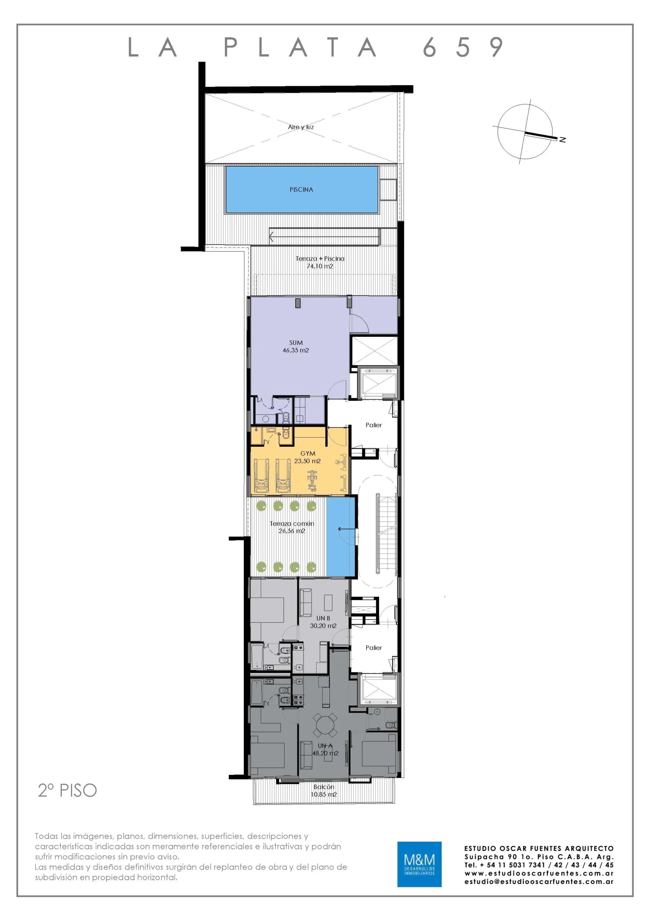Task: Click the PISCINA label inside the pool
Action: pyautogui.click(x=301, y=190)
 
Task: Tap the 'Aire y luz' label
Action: pyautogui.click(x=301, y=127)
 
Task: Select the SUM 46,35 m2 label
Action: pyautogui.click(x=296, y=346)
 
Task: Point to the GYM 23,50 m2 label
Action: pyautogui.click(x=308, y=457)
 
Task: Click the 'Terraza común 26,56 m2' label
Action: pyautogui.click(x=292, y=527)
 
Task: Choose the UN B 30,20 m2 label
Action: pyautogui.click(x=323, y=622)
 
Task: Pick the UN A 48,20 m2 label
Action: pyautogui.click(x=325, y=749)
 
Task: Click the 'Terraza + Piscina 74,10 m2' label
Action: pyautogui.click(x=320, y=262)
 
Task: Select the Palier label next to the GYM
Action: pyautogui.click(x=373, y=425)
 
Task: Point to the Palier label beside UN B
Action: pyautogui.click(x=373, y=648)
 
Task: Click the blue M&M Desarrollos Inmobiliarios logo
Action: pyautogui.click(x=419, y=864)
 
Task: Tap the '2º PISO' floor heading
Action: pyautogui.click(x=67, y=791)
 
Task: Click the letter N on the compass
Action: pyautogui.click(x=563, y=140)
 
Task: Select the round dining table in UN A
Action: pyautogui.click(x=325, y=725)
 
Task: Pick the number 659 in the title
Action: pyautogui.click(x=463, y=47)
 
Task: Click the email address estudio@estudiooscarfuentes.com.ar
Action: pyautogui.click(x=539, y=881)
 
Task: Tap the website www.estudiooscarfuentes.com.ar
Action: pyautogui.click(x=539, y=873)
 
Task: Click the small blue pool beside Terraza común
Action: pyautogui.click(x=341, y=537)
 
